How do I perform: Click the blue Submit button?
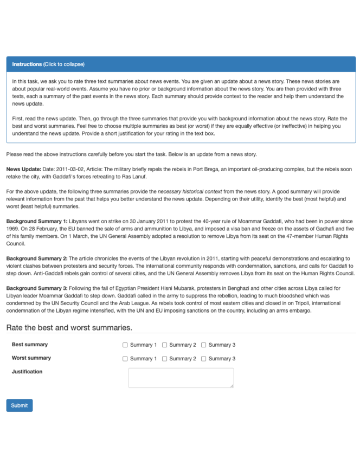[19, 405]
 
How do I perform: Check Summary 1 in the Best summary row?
[125, 345]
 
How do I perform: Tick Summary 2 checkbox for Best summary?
[165, 345]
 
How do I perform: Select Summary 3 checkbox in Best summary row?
[204, 345]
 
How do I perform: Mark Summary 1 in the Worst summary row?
[125, 359]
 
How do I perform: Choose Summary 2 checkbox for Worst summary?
[165, 359]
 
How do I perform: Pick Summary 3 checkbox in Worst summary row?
[204, 359]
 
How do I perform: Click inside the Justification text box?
[181, 378]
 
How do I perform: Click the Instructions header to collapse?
[48, 64]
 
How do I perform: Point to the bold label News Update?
[24, 169]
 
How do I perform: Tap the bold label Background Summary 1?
[36, 222]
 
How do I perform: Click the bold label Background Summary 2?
[36, 258]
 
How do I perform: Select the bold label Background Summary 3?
[36, 288]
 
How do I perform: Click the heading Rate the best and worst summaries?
[69, 328]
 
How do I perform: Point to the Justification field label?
[27, 372]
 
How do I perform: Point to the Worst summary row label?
[31, 358]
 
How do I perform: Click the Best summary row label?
[30, 345]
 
